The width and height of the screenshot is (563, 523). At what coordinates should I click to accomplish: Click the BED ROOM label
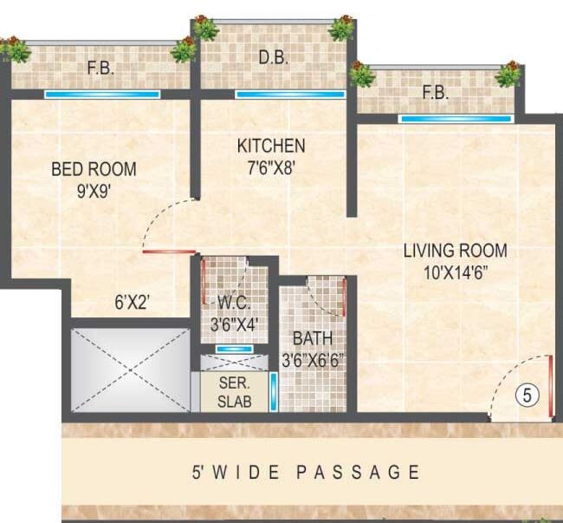pos(94,168)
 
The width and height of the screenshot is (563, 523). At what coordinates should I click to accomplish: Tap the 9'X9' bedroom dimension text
pos(94,188)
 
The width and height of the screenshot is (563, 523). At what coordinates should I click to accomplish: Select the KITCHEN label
pos(272,145)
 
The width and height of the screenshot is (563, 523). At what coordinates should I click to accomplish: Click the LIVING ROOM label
pos(456,252)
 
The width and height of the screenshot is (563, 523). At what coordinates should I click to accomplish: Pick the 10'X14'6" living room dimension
pos(456,271)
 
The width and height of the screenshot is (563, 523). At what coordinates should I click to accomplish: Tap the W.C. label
pos(234,304)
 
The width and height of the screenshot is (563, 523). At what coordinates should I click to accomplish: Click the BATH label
pos(311,338)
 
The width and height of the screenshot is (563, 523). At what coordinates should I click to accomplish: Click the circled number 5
pos(527,396)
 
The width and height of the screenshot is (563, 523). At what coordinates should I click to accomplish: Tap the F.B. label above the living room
pos(435,94)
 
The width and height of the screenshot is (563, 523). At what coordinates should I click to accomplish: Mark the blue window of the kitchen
pos(273,95)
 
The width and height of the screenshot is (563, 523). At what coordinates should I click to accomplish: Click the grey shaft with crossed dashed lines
pos(130,369)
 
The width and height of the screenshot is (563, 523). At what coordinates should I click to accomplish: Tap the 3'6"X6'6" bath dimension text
pos(314,358)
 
